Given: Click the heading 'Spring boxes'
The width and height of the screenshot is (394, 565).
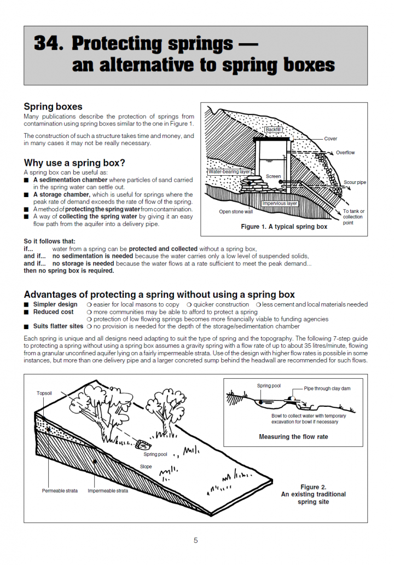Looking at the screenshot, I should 53,107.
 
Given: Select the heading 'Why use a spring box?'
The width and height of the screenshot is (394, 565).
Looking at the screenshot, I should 74,163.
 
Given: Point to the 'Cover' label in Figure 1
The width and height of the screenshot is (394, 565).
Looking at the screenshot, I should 331,139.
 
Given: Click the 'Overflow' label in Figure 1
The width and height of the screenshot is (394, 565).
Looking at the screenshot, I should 346,153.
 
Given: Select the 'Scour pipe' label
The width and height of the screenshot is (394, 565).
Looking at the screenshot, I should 355,182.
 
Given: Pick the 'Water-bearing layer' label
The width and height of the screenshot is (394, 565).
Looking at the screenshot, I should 229,172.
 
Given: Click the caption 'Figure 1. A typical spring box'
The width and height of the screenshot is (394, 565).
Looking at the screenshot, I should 284,227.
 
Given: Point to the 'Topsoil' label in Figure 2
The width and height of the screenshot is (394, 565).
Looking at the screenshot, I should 45,393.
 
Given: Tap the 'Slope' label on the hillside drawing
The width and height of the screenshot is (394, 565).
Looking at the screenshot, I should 146,466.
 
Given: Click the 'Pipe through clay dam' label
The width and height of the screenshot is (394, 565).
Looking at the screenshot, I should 327,389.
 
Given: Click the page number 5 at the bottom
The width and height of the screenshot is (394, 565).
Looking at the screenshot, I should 196,540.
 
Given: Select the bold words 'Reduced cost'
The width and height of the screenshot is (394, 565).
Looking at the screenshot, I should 53,312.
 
